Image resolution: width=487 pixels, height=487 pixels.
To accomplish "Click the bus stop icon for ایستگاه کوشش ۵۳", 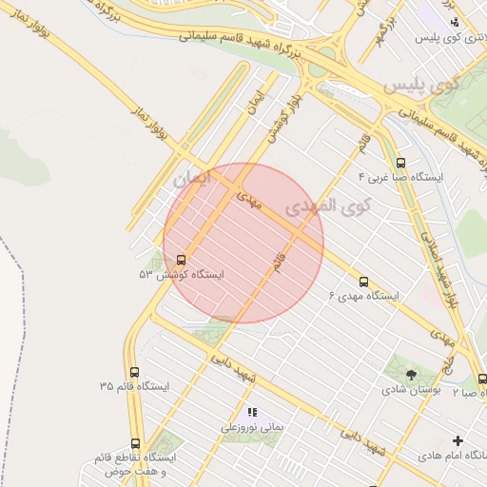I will coord(182,259).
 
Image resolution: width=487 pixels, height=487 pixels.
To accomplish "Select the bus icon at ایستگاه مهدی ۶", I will coord(363,282).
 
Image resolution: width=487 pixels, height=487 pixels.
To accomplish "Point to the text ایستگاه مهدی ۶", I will coord(364,297).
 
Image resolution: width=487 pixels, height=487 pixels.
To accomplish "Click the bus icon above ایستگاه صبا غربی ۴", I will coord(399,163).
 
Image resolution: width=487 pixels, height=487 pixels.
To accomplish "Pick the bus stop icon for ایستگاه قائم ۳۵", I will coord(134,372).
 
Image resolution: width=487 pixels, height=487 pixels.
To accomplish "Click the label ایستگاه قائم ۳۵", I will coord(134,387).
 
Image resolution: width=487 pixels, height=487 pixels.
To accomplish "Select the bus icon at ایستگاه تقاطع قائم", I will coord(135,443).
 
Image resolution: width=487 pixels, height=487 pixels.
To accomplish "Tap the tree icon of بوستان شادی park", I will coord(410,375).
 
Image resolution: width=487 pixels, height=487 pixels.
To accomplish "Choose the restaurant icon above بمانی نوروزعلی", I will coord(252,412).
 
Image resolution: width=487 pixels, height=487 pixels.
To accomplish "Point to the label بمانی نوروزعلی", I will coord(253,427).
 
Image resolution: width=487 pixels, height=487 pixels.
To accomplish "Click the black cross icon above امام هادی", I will coord(458,440).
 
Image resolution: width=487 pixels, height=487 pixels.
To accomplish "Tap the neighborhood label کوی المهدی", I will coord(317,206).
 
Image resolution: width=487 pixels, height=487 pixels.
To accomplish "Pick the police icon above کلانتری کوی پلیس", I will coord(455,22).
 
